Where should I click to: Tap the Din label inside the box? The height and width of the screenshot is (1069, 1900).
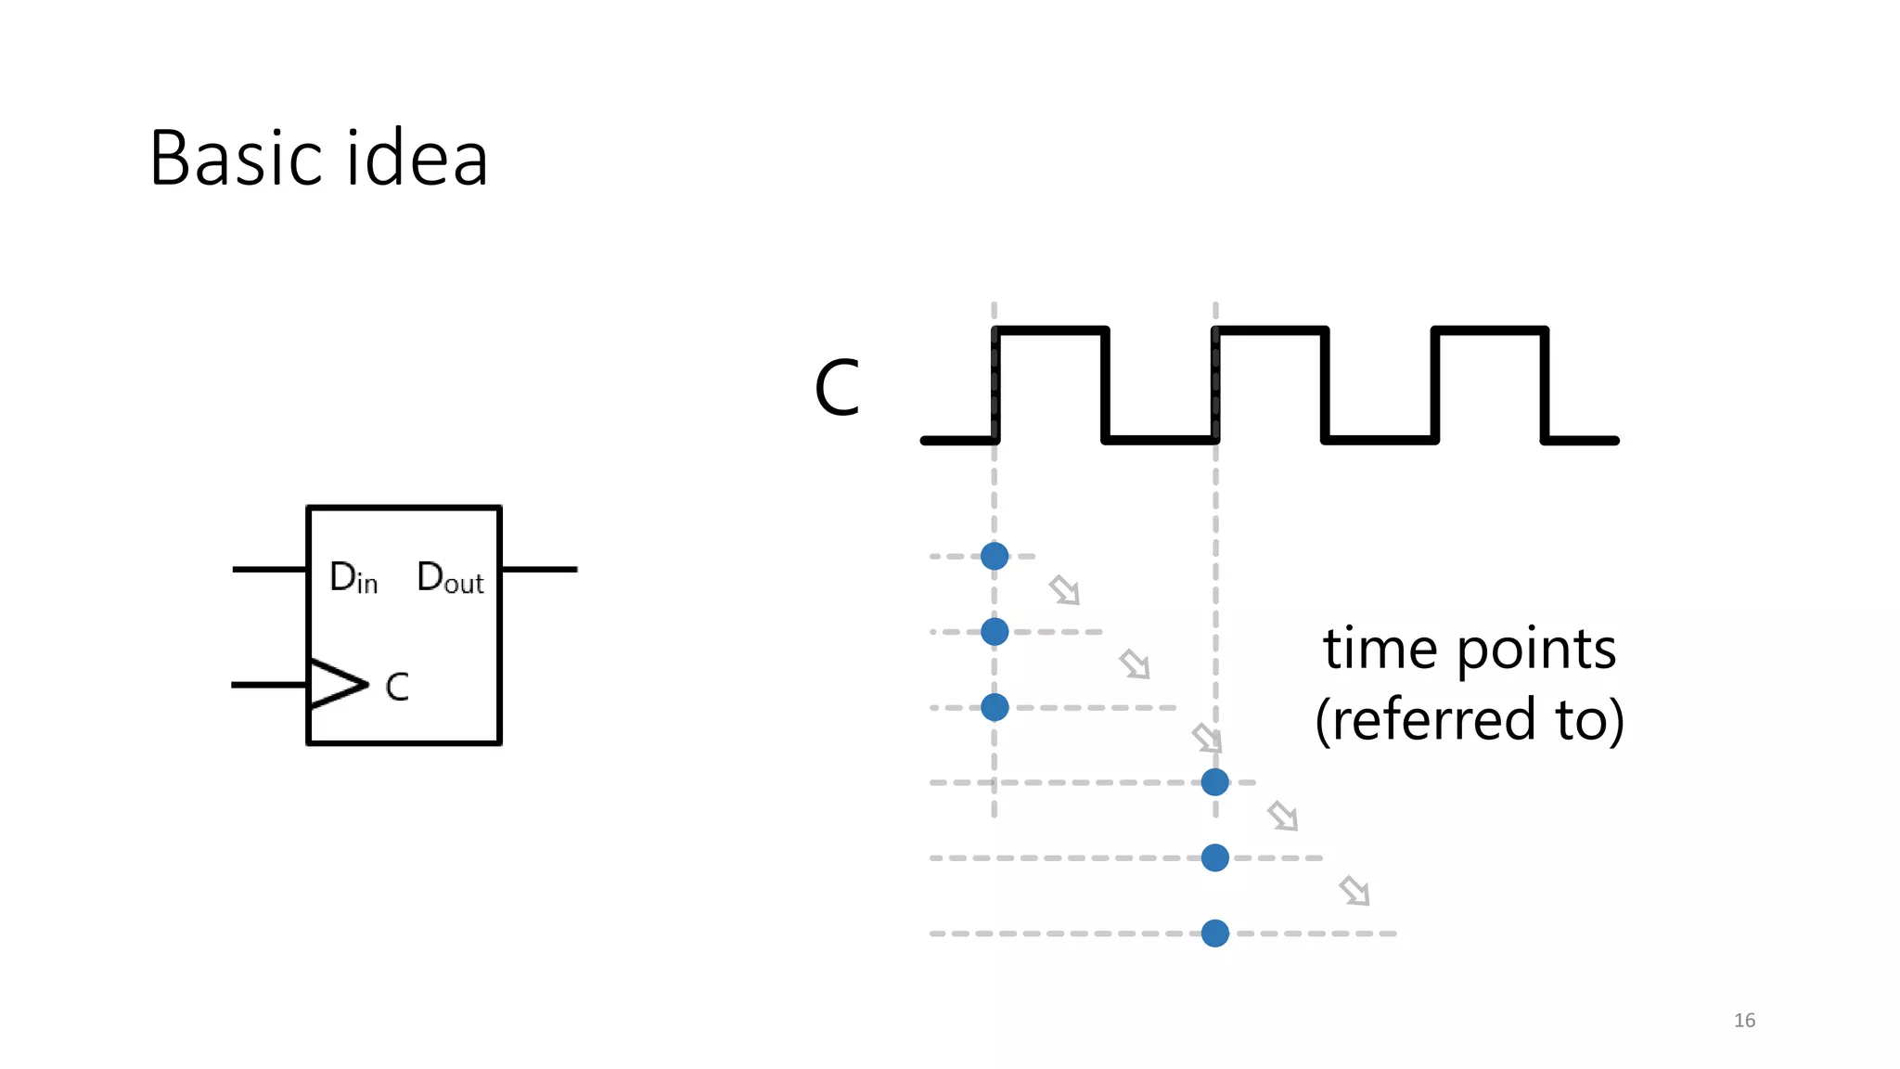tap(353, 578)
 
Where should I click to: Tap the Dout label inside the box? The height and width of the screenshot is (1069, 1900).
tap(450, 578)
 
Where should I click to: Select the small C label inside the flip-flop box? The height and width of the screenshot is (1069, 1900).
tap(397, 688)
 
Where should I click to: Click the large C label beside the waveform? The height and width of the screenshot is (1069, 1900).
tap(837, 388)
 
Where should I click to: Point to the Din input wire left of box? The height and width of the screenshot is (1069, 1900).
tap(269, 569)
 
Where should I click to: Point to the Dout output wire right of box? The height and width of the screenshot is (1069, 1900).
tap(539, 569)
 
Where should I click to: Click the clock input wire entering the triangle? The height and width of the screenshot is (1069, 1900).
tap(269, 685)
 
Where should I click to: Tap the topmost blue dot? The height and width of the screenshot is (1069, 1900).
tap(995, 556)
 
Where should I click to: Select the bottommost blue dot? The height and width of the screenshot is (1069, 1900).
tap(1214, 933)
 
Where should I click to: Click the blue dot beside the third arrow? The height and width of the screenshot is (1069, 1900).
tap(1214, 782)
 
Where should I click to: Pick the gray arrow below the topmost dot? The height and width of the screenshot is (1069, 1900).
tap(1064, 590)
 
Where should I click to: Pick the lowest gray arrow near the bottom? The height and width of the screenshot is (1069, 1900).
tap(1355, 891)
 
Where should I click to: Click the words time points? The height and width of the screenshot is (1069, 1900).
tap(1470, 649)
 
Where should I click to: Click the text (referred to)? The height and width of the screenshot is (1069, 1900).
tap(1470, 719)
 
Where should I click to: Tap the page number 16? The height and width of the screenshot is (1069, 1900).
tap(1744, 1020)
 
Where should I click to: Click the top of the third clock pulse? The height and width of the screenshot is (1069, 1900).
tap(1490, 329)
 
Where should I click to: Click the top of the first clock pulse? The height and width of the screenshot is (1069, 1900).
tap(1050, 329)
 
